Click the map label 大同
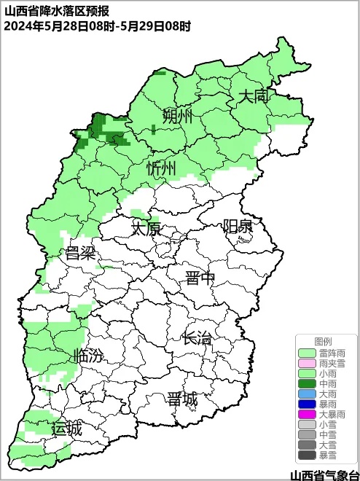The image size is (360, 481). coord(255,96)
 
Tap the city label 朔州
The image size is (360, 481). coord(178,116)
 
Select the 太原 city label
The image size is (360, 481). coord(145,228)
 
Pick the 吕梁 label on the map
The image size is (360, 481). coord(81,254)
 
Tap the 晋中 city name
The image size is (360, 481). coord(200,278)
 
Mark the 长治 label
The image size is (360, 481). coord(197,338)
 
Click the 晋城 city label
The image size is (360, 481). coord(181,399)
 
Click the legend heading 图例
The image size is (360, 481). coord(323,342)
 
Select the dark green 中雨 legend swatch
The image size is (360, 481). coord(308,383)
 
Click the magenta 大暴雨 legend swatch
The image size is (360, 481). coord(308,414)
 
